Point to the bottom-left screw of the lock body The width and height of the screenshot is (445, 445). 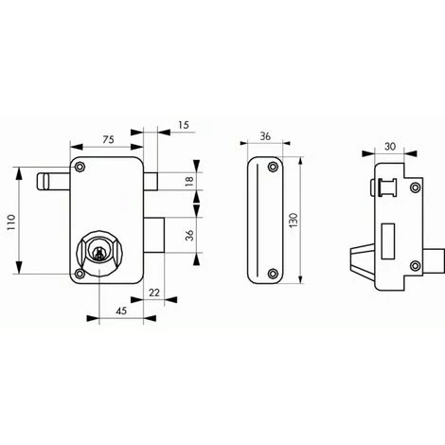pos(80,276)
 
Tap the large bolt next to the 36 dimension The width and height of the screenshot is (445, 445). pos(155,235)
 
